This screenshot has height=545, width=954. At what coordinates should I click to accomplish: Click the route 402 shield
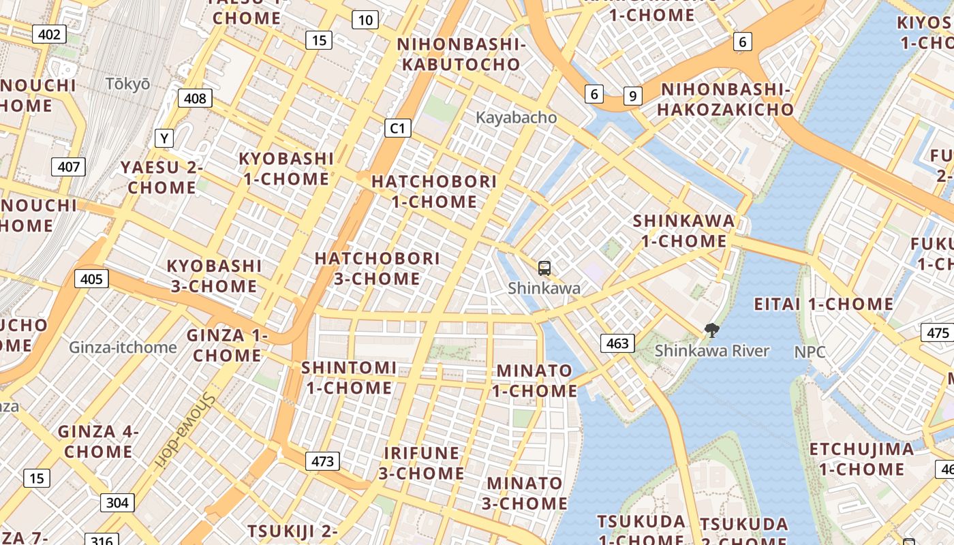tap(49, 35)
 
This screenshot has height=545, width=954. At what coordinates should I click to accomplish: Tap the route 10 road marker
tap(365, 20)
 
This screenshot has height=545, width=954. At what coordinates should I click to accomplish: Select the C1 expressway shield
tap(397, 127)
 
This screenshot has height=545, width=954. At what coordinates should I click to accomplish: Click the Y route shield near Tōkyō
tap(164, 138)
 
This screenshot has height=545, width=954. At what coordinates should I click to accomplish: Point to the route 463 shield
tap(617, 343)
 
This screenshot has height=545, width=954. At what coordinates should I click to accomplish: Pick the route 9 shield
tap(633, 96)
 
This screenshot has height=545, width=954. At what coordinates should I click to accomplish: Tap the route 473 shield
tap(322, 461)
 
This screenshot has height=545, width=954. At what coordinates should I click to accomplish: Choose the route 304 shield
tap(117, 503)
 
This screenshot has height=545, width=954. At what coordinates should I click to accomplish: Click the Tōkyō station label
tap(128, 84)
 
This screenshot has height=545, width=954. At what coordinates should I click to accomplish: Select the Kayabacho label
tap(516, 117)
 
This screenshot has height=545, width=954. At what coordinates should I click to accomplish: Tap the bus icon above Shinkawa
tap(544, 268)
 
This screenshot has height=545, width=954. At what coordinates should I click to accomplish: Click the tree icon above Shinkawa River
tap(712, 331)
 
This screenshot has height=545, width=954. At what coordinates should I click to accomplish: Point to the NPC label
tap(810, 352)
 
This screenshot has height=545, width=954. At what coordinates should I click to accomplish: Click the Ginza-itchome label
tap(123, 347)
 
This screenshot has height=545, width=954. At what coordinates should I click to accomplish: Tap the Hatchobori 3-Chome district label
tap(377, 268)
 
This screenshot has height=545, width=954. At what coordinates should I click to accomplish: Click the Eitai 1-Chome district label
tap(823, 304)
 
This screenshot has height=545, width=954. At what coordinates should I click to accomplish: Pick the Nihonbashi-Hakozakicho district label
tap(726, 99)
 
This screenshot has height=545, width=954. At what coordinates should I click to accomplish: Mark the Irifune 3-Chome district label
tap(422, 463)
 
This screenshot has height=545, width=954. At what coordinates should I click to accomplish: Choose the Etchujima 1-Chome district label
tap(861, 459)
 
